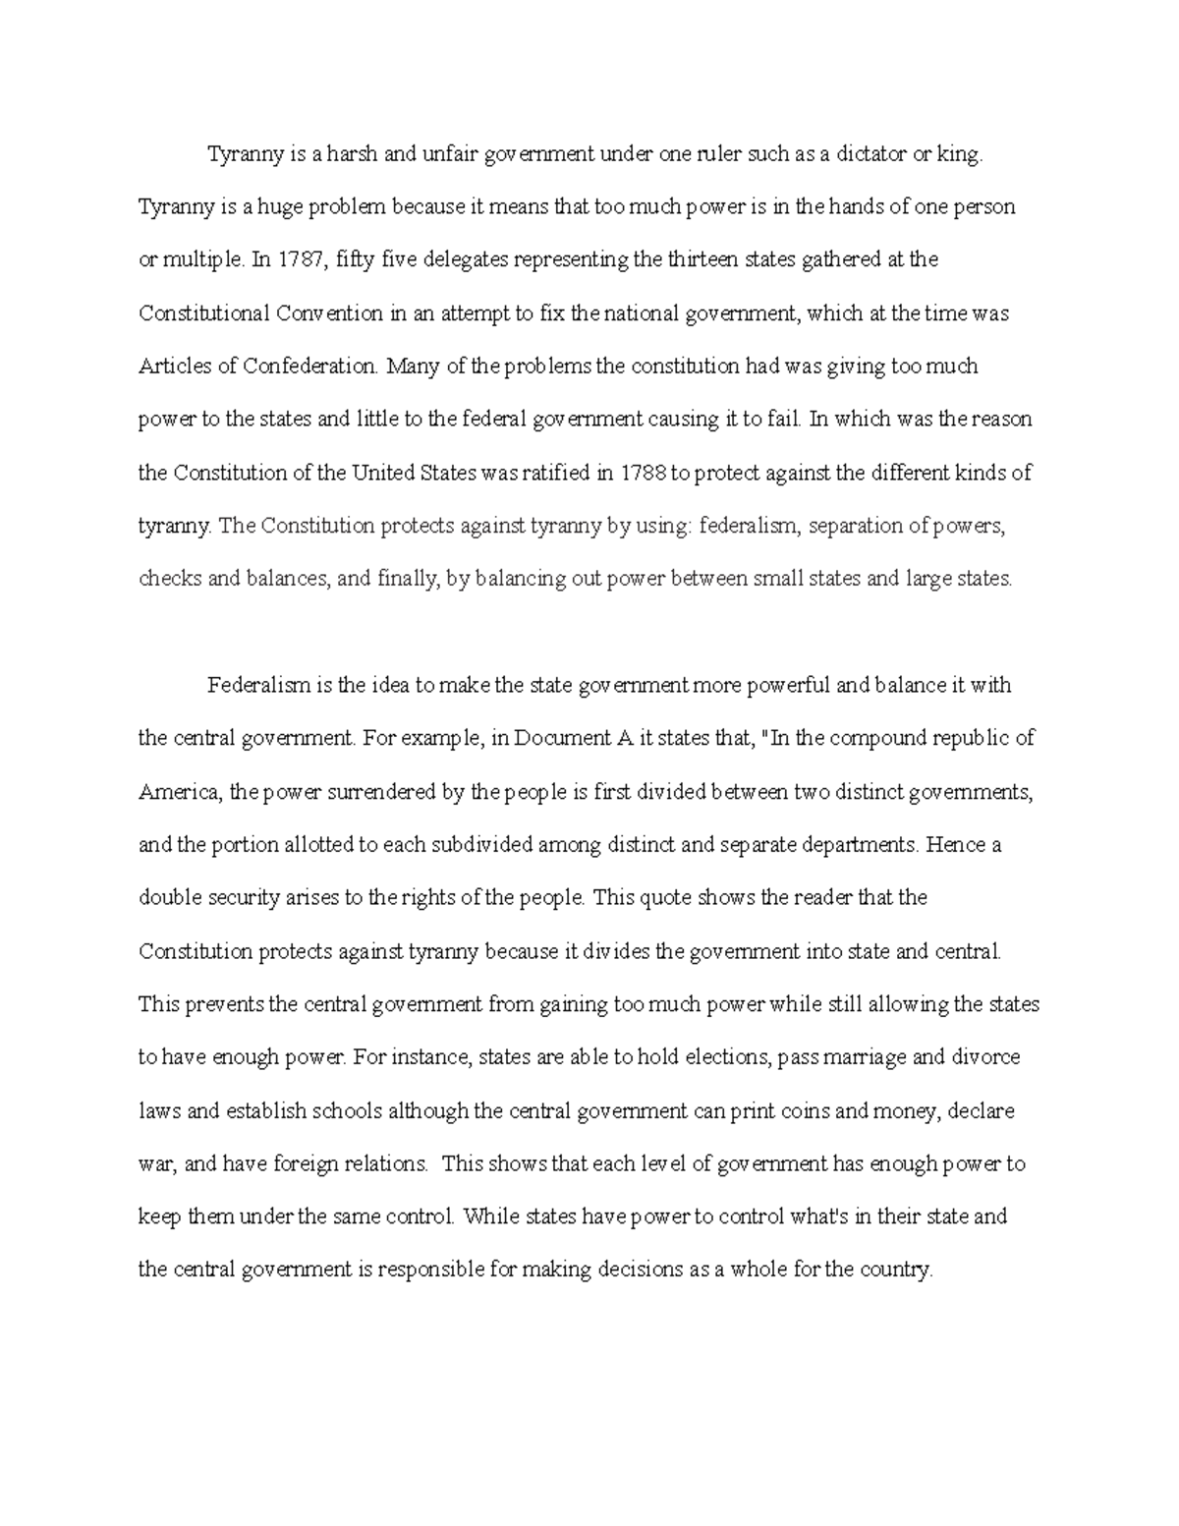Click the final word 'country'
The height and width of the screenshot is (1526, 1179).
(x=893, y=1270)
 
